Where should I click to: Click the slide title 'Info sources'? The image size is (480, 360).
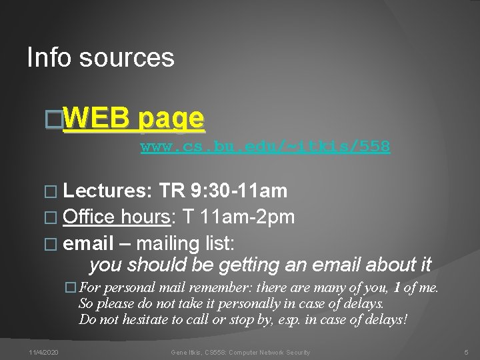pyautogui.click(x=101, y=58)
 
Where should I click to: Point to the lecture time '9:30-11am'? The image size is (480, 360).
pyautogui.click(x=239, y=192)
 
